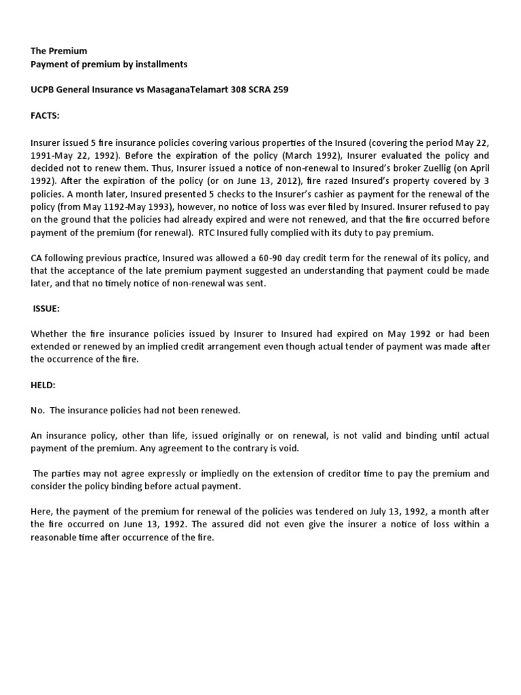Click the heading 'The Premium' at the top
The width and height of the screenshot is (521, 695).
coord(59,51)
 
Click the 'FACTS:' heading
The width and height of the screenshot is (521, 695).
coord(45,116)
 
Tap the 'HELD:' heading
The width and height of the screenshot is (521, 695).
coord(43,385)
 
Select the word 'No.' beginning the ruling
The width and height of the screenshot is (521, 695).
coord(38,411)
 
